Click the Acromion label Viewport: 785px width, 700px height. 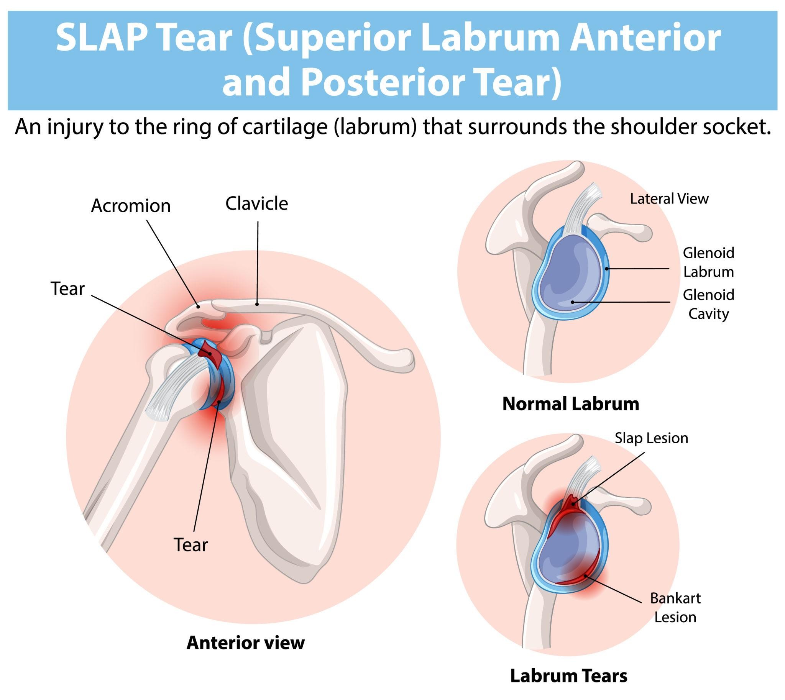tap(131, 206)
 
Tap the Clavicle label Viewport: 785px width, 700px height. tap(257, 204)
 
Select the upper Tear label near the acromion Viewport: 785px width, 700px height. tap(67, 289)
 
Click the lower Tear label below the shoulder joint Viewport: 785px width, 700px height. tap(191, 545)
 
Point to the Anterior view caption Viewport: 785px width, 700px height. tap(246, 643)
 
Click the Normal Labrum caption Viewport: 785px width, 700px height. tap(571, 404)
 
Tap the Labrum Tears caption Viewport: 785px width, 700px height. tap(569, 676)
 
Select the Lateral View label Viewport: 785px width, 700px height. tap(669, 199)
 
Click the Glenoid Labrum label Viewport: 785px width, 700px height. tap(708, 262)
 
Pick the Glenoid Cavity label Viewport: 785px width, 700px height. tap(708, 304)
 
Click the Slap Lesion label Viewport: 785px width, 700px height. tap(651, 438)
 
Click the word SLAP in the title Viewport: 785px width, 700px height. tap(102, 38)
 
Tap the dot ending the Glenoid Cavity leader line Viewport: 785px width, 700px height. tap(573, 302)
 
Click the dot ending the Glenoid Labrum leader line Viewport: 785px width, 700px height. tap(607, 269)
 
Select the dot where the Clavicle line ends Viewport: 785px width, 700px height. tap(257, 304)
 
